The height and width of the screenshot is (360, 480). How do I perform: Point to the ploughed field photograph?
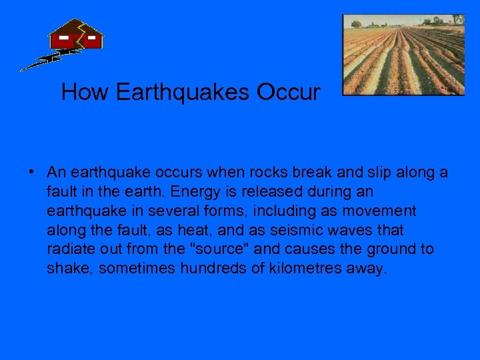(x=403, y=54)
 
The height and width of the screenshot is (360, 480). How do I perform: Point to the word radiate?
(x=69, y=249)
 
